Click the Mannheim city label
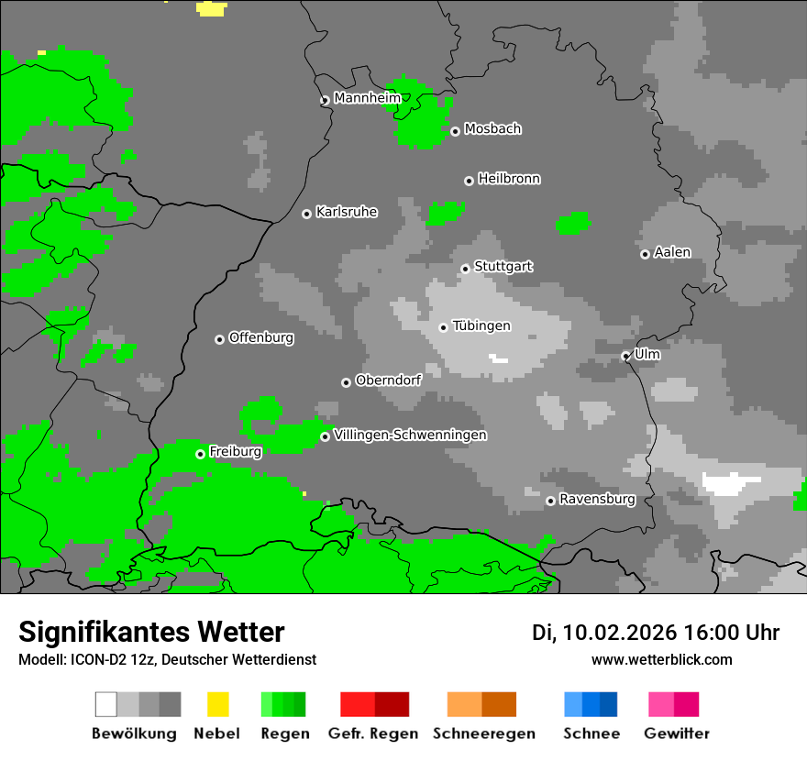point(367,98)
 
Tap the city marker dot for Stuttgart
point(466,269)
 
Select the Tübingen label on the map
point(481,325)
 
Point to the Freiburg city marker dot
point(200,454)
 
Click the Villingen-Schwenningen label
point(410,435)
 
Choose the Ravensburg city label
point(597,499)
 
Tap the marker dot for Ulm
point(625,356)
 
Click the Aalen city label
point(672,252)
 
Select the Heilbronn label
point(509,179)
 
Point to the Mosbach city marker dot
point(455,131)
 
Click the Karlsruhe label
point(346,212)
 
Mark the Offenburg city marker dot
point(219,339)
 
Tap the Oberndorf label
point(388,380)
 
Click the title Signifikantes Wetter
point(151,632)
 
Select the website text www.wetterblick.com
point(661,659)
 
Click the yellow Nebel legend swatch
point(217,704)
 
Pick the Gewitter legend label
point(676,733)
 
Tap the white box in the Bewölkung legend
point(106,704)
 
